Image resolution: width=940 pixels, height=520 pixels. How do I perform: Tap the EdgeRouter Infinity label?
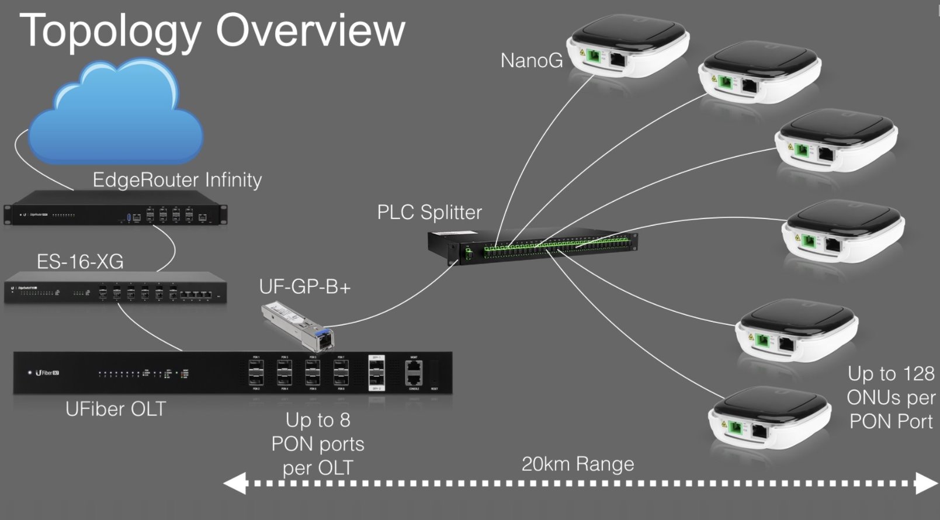click(177, 180)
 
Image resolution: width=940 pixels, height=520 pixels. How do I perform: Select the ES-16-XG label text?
click(80, 262)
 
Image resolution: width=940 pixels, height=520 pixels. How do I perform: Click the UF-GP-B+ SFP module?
click(299, 324)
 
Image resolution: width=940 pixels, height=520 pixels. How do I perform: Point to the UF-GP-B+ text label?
click(304, 287)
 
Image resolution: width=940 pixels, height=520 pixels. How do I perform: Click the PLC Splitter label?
click(429, 212)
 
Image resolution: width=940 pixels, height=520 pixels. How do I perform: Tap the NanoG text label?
click(532, 60)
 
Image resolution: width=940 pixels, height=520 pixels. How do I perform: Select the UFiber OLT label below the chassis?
click(116, 409)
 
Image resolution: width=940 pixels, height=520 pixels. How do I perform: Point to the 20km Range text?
click(577, 464)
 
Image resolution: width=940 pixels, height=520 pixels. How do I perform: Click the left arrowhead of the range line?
click(234, 484)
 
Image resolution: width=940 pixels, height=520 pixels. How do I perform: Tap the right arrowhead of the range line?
click(926, 484)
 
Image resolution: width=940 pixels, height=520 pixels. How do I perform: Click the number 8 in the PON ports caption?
click(345, 420)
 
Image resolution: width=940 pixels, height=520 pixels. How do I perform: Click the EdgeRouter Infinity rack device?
click(115, 214)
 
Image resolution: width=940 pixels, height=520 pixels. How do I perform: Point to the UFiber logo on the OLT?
click(47, 372)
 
